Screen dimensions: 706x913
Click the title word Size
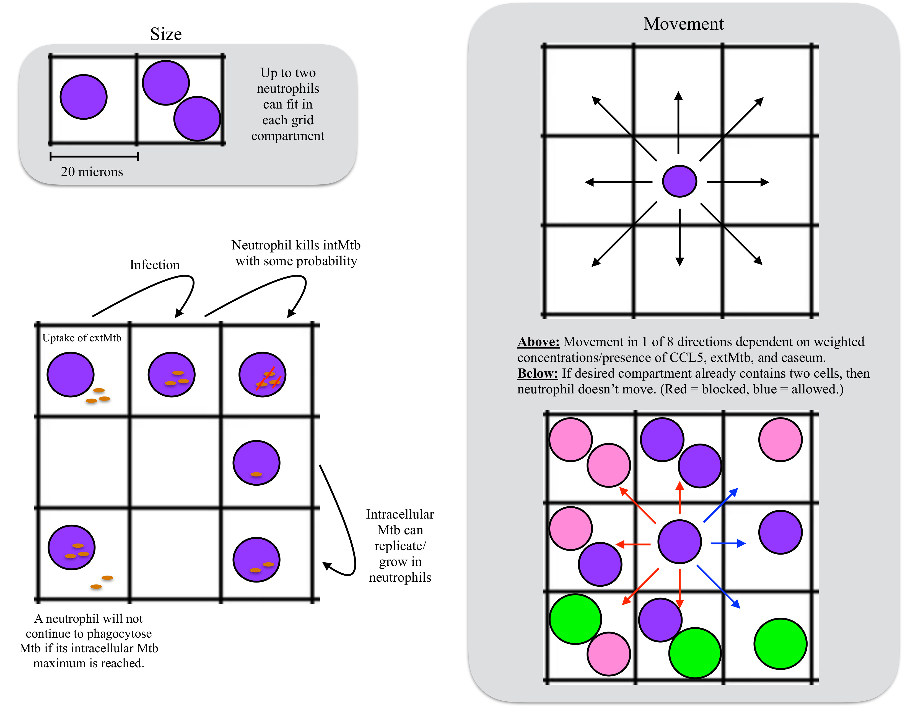(x=166, y=34)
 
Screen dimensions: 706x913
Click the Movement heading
(x=683, y=24)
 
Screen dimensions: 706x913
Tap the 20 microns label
(x=92, y=171)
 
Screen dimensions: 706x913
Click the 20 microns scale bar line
(x=94, y=157)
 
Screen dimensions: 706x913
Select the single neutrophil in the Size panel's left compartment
(x=84, y=97)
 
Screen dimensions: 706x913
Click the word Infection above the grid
(x=155, y=265)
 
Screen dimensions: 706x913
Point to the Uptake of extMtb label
(x=82, y=338)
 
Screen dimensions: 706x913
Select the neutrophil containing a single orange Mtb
(x=256, y=463)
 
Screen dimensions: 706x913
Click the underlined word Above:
(x=538, y=342)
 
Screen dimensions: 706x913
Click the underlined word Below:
(x=537, y=373)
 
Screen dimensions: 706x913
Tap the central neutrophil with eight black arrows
(x=679, y=181)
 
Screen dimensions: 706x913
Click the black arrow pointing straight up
(x=678, y=121)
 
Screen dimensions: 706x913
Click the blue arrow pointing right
(x=728, y=543)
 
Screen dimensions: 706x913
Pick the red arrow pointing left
(x=633, y=544)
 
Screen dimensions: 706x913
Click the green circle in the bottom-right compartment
(x=780, y=643)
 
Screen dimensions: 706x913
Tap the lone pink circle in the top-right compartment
(x=780, y=440)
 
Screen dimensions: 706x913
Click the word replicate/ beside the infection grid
(x=400, y=546)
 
